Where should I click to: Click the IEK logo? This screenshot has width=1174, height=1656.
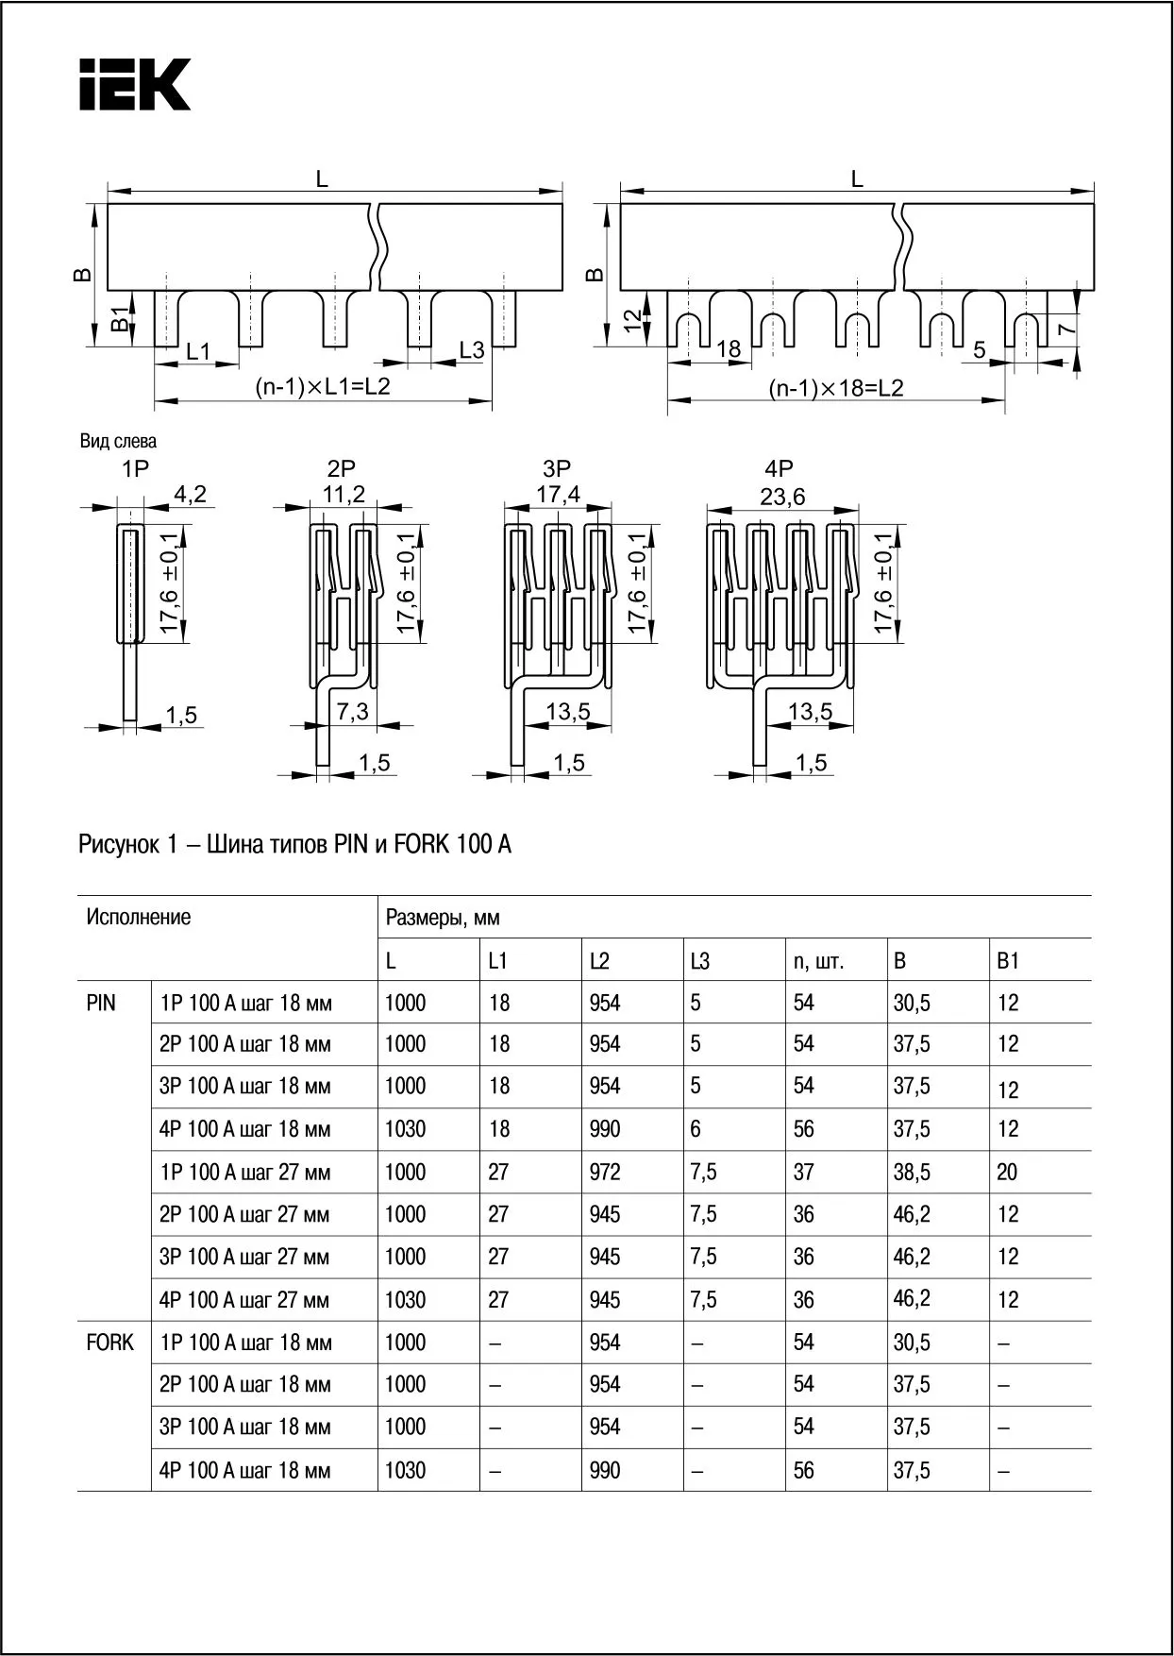pos(135,85)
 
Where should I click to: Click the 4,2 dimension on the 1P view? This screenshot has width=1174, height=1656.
pos(190,494)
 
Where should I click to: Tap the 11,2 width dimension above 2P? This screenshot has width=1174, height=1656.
pos(344,495)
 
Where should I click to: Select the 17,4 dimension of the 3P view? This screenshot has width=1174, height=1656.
pos(558,495)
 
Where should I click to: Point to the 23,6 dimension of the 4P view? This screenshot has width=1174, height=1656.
pos(782,497)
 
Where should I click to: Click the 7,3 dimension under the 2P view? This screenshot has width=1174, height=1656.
pos(352,712)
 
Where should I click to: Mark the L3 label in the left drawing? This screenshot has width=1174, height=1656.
pos(471,350)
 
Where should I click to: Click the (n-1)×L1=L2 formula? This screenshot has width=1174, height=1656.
pos(323,387)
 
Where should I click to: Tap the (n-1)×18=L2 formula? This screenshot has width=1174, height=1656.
pos(835,388)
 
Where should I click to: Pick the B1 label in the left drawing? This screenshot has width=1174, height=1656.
pos(120,319)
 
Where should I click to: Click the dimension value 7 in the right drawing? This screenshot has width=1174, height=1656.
pos(1065,330)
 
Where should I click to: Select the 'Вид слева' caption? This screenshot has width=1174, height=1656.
pos(119,441)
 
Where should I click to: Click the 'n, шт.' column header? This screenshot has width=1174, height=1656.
pos(818,961)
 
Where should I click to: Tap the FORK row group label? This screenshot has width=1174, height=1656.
pos(109,1343)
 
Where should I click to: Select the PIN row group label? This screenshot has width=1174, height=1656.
pos(101,1003)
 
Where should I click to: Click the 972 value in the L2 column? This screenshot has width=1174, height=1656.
pos(605,1173)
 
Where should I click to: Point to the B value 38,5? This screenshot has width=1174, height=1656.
pos(912,1173)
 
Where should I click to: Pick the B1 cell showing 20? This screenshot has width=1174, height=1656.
pos(1007,1173)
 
